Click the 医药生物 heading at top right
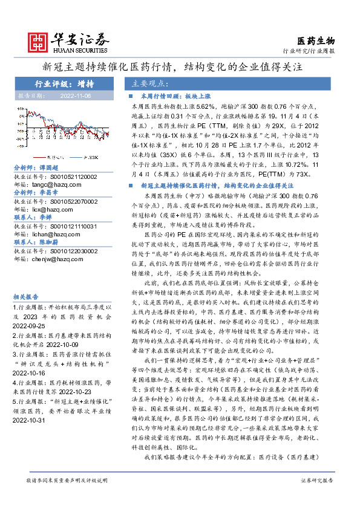click(316, 41)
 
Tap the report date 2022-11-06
click(76, 96)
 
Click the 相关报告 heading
click(25, 296)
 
